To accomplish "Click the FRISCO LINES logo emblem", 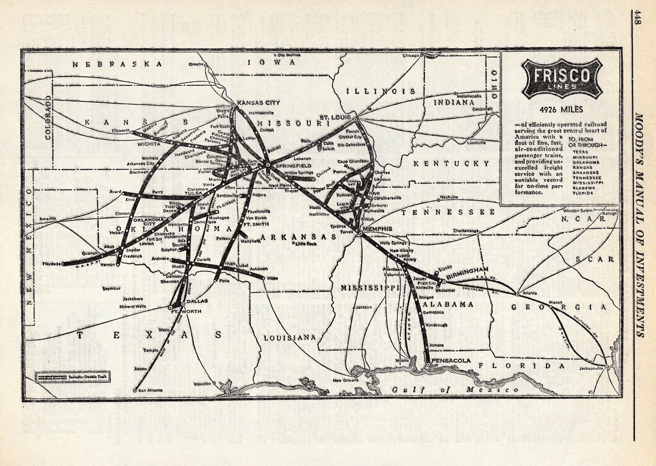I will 561,78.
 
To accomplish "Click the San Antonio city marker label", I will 150,390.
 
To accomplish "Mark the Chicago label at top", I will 411,55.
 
